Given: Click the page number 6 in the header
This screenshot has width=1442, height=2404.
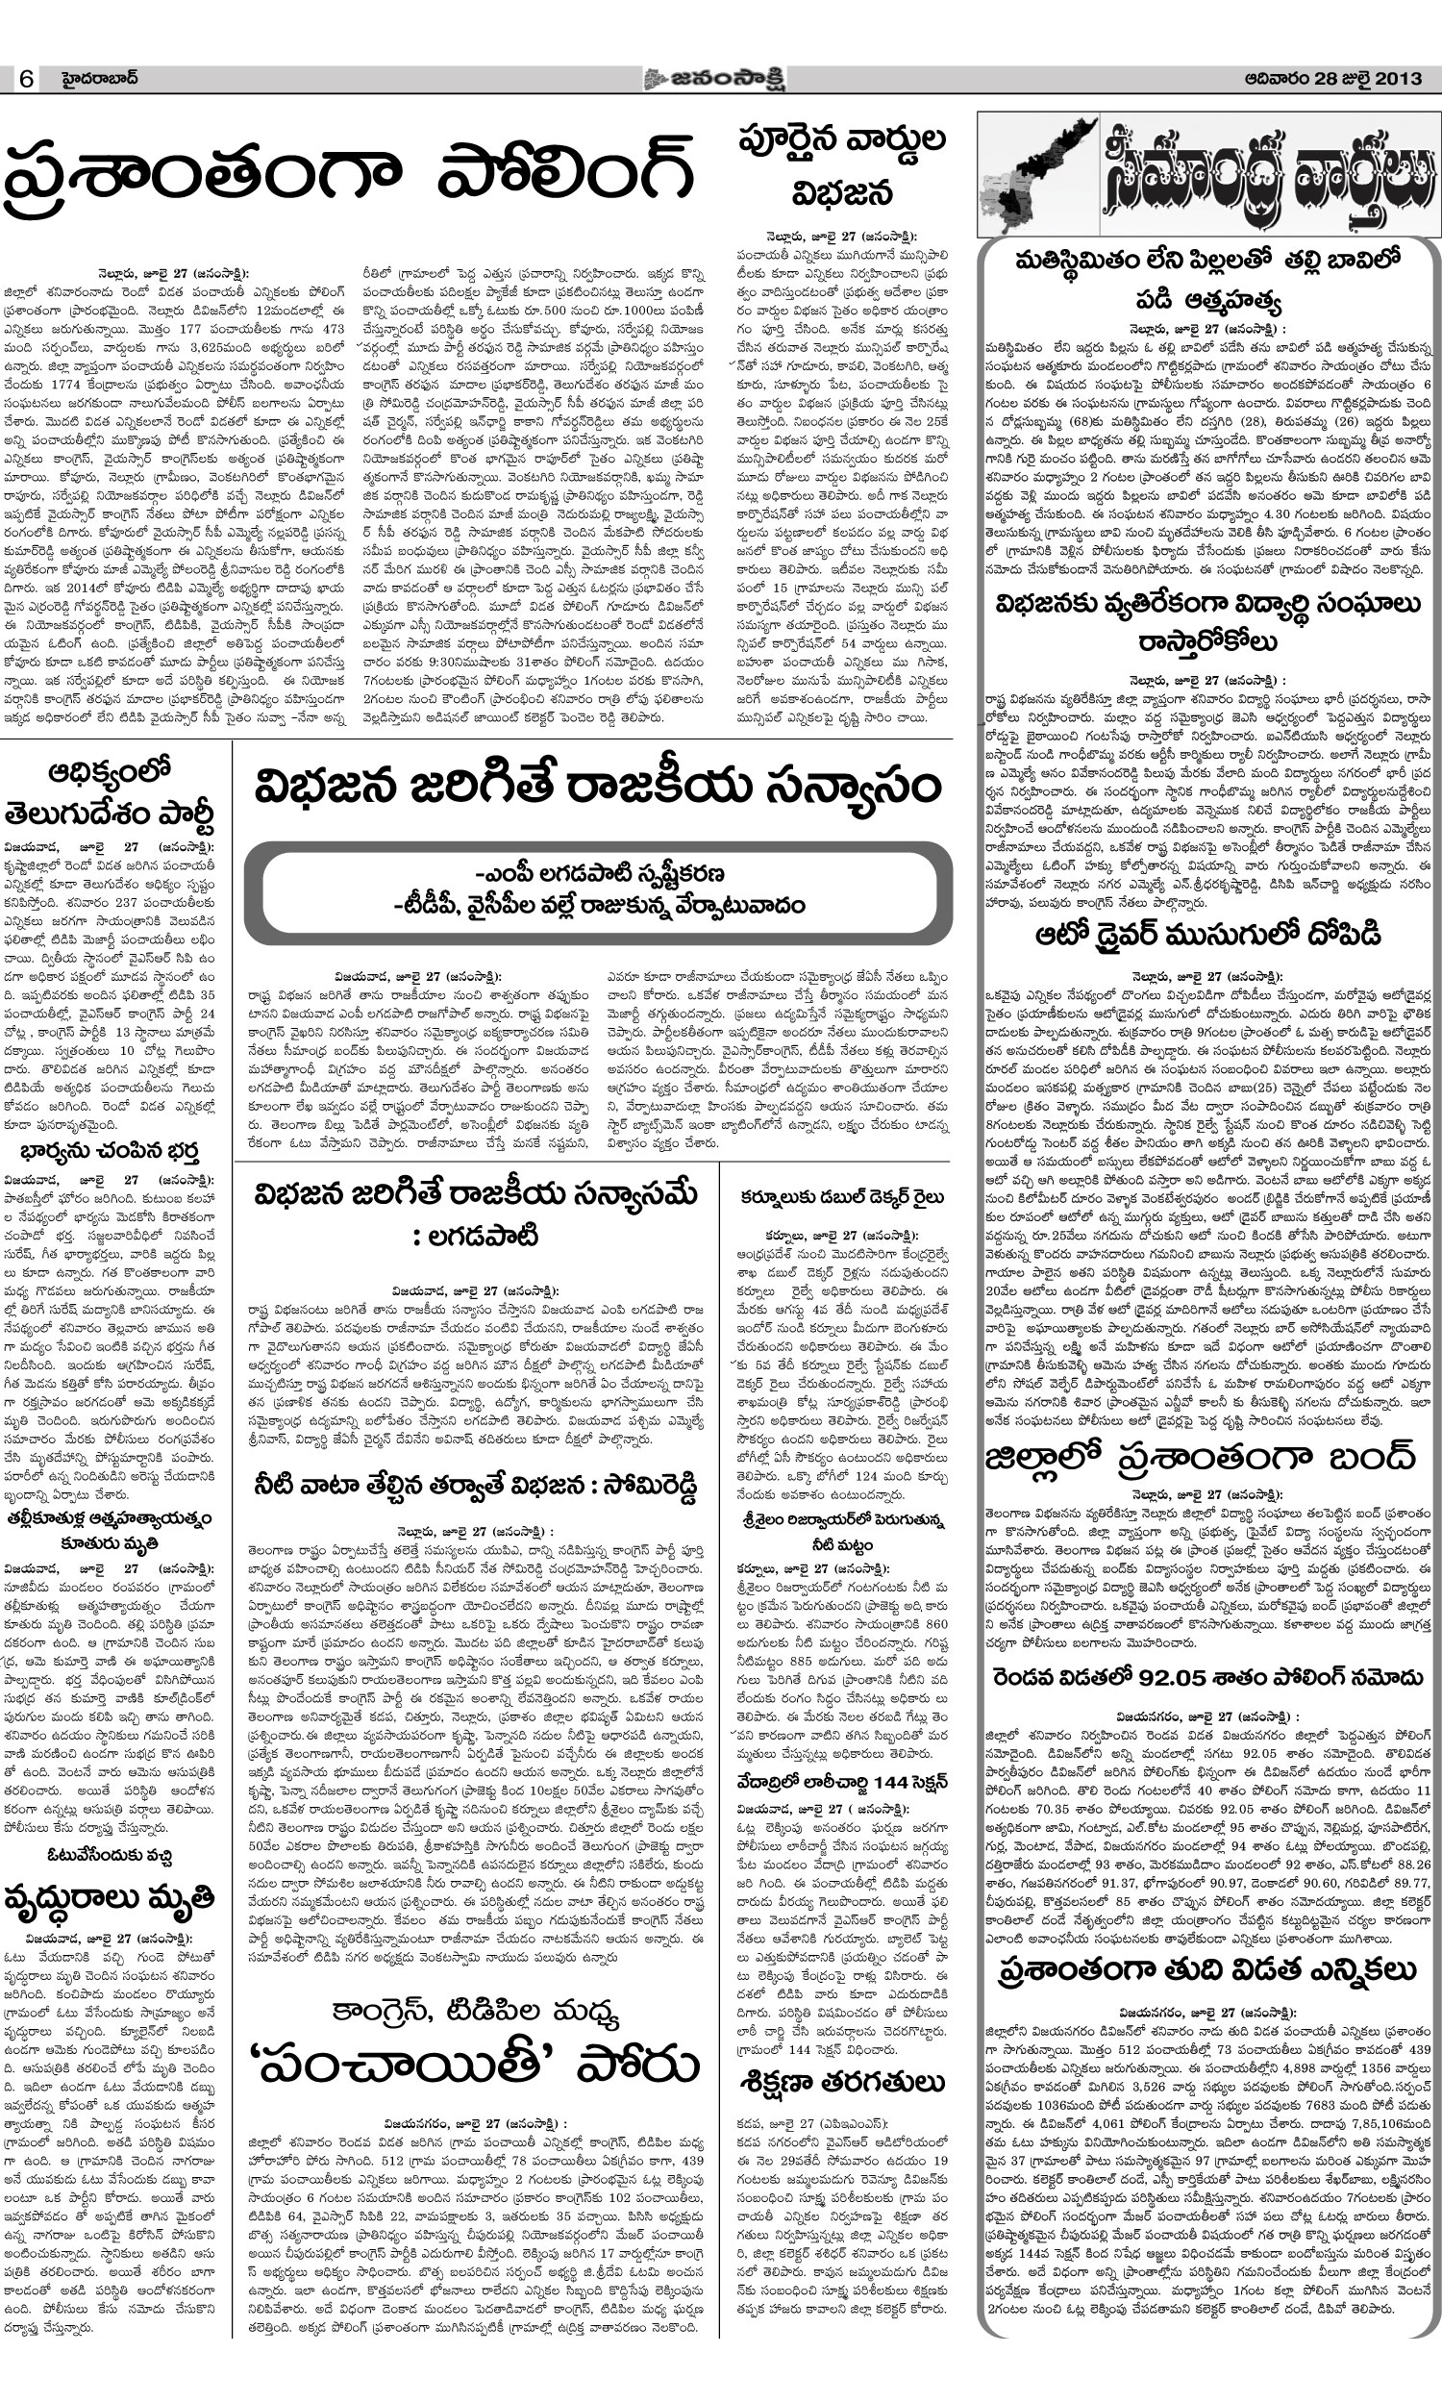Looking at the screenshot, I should [x=26, y=79].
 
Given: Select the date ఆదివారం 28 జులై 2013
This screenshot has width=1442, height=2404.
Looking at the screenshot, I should [x=1333, y=79].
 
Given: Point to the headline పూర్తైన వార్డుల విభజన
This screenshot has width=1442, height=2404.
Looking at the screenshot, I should [x=841, y=165].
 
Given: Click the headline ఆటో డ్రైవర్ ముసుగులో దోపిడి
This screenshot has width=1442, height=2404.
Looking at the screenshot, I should [x=1208, y=935].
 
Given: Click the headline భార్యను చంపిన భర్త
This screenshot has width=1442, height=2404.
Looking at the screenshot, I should [x=109, y=1152].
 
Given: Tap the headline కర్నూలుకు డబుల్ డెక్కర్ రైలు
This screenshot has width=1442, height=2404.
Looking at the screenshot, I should [x=841, y=1197].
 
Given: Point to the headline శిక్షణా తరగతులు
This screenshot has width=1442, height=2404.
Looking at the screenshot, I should [x=841, y=2083].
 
